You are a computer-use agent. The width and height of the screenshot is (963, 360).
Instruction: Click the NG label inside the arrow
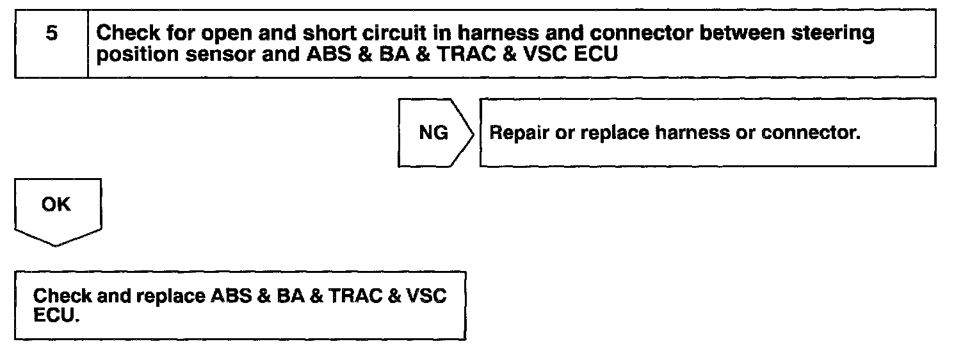(433, 134)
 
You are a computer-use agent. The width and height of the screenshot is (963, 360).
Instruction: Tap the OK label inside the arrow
(56, 206)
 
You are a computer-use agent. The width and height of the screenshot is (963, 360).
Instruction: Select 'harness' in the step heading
(490, 33)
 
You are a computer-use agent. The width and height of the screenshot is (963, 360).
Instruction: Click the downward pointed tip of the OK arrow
(56, 246)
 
